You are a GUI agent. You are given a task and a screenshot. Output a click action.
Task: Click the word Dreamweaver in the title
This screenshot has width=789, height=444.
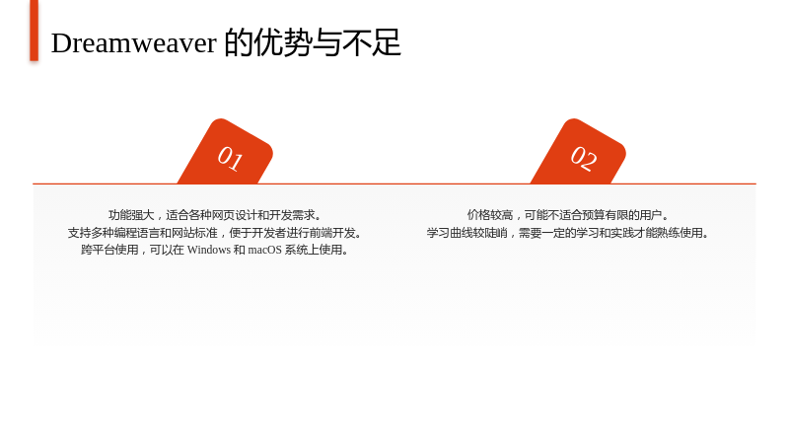[134, 42]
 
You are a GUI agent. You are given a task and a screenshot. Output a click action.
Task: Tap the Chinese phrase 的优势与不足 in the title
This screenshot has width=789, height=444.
[313, 42]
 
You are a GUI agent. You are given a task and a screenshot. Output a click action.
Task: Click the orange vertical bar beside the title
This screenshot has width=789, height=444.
[34, 31]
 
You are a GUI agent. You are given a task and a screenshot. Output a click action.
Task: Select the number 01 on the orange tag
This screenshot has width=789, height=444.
[230, 158]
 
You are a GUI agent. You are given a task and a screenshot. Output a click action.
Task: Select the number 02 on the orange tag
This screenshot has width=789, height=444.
[584, 158]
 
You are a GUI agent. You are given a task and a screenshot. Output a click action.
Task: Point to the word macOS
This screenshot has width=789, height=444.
[264, 250]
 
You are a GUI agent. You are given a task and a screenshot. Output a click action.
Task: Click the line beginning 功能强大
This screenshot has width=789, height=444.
[215, 215]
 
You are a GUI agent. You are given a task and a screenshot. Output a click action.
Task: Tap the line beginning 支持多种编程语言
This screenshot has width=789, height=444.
[215, 233]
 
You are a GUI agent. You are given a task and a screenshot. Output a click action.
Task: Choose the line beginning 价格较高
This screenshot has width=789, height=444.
[568, 215]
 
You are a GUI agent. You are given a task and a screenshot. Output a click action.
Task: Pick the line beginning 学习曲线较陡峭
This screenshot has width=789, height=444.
[568, 233]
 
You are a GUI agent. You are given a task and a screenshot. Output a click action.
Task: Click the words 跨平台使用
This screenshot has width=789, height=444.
[109, 250]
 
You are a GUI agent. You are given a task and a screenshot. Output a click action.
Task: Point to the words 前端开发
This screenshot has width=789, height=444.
[332, 233]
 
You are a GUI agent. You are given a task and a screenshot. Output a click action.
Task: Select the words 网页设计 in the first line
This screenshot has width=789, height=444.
[234, 215]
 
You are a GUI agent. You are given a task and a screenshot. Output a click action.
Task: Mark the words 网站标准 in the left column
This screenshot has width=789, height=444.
[194, 233]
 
